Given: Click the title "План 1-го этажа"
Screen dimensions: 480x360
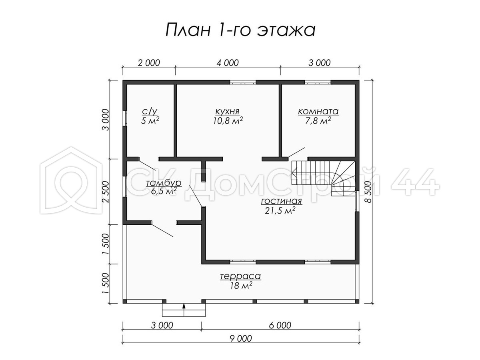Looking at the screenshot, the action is pos(240,30).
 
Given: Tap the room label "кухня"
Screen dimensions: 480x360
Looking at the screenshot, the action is pos(228,112).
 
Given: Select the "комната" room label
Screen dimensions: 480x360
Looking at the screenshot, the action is pos(318,112).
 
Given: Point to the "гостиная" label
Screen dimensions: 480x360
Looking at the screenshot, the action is pos(282,201).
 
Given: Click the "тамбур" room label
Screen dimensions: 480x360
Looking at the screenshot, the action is pos(164,183).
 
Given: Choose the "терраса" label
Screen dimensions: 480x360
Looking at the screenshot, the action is pos(240,276).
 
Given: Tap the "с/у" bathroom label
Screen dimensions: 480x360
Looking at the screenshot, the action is pos(150,112).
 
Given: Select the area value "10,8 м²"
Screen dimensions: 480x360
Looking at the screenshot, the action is pos(228,120).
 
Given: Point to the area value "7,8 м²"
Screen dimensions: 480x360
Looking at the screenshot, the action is pos(318,120).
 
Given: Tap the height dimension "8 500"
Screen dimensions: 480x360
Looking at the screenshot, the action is pos(368,192).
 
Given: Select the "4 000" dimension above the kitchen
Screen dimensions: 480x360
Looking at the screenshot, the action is pos(228,63).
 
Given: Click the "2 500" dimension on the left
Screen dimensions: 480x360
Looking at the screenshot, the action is pos(106,192).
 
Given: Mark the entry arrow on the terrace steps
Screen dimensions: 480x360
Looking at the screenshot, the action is pos(184,310).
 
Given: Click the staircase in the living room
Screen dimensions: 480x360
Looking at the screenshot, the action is pos(322,178).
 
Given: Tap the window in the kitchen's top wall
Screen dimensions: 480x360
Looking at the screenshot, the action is pos(243,82).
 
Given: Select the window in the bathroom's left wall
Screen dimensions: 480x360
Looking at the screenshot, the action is pos(125,118).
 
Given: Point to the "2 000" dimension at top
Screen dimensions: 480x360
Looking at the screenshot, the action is pos(149,63).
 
